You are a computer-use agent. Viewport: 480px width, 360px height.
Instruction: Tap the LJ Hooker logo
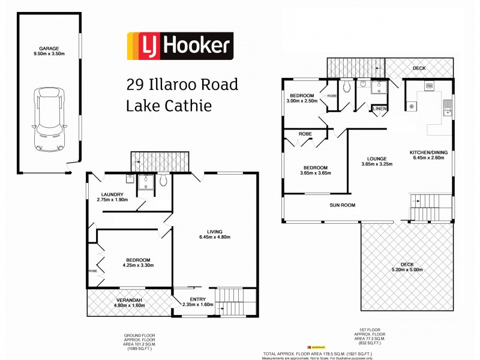click(x=178, y=47)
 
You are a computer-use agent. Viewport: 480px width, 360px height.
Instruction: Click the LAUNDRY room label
click(x=112, y=197)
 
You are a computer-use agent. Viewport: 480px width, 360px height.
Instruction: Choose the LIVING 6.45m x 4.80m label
click(x=214, y=234)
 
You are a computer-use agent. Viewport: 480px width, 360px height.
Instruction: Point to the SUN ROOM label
click(x=342, y=205)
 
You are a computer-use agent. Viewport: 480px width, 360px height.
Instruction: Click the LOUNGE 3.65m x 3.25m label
click(x=376, y=161)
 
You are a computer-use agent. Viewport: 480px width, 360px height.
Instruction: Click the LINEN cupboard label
click(x=380, y=108)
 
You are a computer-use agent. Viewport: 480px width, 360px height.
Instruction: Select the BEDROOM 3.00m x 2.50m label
click(x=303, y=98)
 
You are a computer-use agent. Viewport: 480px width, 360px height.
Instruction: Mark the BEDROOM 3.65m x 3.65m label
click(x=315, y=170)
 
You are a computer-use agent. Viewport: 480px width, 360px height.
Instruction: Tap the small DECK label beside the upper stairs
click(x=419, y=68)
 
